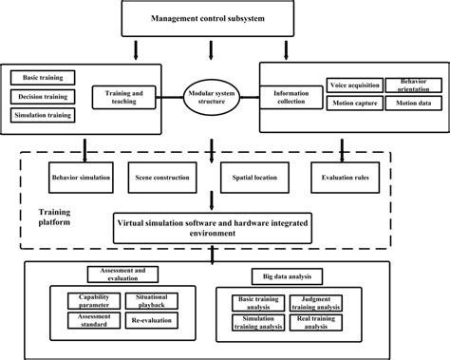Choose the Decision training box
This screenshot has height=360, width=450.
click(43, 96)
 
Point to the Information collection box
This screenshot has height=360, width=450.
click(291, 98)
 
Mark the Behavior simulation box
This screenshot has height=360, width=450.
click(81, 177)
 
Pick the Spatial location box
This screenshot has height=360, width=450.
click(250, 177)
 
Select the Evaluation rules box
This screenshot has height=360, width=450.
click(344, 177)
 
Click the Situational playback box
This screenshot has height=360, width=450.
click(152, 303)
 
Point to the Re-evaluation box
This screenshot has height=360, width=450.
click(150, 322)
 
